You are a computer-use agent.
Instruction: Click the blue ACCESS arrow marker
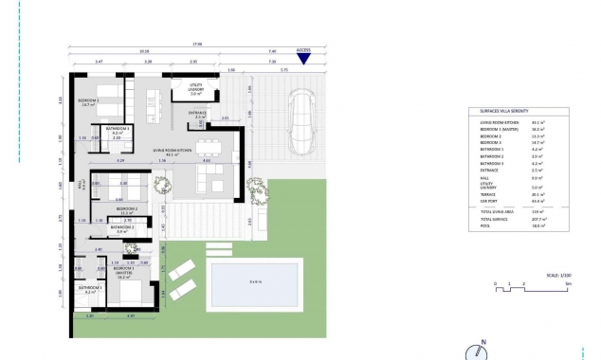303,58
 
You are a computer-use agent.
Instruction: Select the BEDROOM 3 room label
89,103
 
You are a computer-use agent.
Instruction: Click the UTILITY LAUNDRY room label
195,91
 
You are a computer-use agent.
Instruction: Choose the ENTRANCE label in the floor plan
197,114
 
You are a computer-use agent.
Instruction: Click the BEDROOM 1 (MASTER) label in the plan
123,270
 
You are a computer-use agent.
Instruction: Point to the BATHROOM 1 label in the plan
90,289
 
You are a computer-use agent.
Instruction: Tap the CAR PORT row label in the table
491,200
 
